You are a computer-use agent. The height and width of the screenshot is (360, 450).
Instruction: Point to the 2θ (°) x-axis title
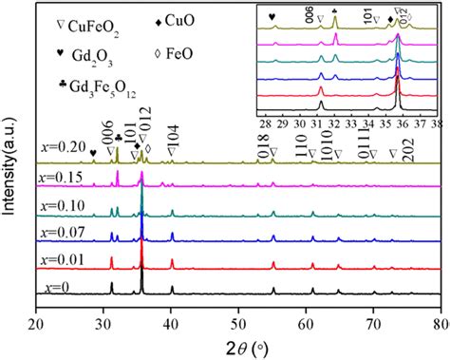pyautogui.click(x=238, y=346)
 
